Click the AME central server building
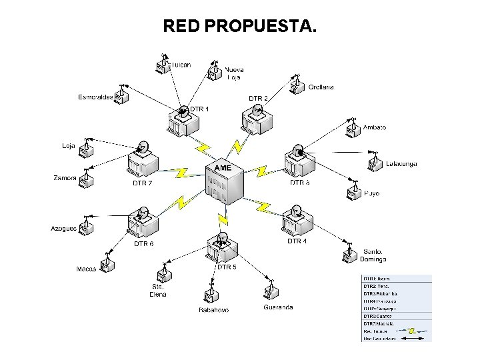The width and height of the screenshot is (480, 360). pos(223,185)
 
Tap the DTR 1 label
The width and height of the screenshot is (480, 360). pos(199,109)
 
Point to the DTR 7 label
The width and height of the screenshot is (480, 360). pos(142,183)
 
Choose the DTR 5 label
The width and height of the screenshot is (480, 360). pos(227,267)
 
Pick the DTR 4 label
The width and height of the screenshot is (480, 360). pos(297,241)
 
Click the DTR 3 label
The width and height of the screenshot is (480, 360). pos(299,182)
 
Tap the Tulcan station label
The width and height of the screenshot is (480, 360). pos(181,65)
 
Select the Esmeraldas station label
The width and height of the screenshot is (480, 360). pos(95,97)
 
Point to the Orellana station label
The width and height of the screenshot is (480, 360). pos(321,87)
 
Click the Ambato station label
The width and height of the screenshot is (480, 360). pos(374,127)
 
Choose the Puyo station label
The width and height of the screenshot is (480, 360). pos(371,193)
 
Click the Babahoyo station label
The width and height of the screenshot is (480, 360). pos(213,310)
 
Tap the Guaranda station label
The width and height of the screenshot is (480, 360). pos(278,307)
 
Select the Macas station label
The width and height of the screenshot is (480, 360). pos(87,269)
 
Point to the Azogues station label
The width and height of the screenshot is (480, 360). pos(64,229)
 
